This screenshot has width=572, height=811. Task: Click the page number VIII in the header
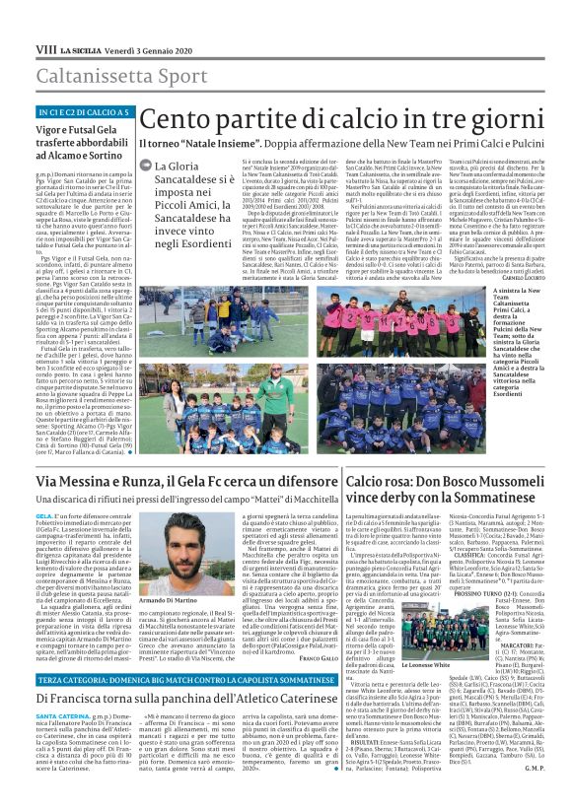pyautogui.click(x=45, y=21)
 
